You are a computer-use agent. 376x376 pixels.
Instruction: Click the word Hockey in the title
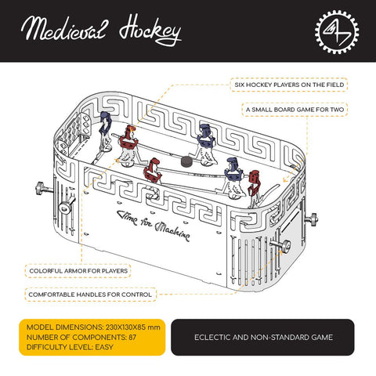150,32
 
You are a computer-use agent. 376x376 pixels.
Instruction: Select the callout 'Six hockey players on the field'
289,83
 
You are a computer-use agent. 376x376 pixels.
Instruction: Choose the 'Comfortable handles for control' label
91,295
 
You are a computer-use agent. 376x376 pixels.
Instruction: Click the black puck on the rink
187,162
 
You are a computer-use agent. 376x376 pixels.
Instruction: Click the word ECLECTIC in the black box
214,338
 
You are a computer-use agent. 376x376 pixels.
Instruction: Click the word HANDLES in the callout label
105,295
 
